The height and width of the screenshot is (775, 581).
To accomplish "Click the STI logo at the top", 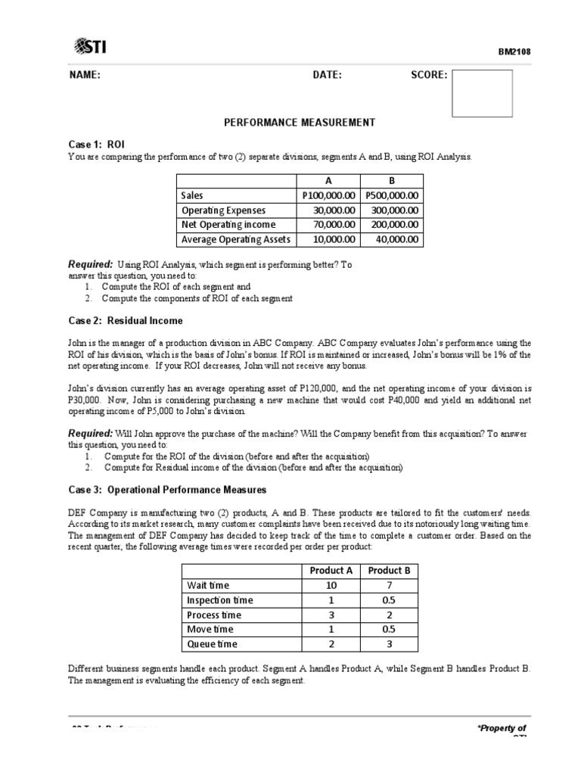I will pyautogui.click(x=90, y=47).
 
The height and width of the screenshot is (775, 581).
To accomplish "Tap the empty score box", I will pyautogui.click(x=482, y=93).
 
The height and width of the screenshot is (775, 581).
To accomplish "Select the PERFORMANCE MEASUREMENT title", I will pyautogui.click(x=300, y=123).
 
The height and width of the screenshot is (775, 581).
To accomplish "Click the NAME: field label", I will pyautogui.click(x=85, y=75).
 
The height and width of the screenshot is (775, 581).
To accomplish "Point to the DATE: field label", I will pyautogui.click(x=327, y=75).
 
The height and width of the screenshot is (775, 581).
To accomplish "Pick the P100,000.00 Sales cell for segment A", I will pyautogui.click(x=328, y=195).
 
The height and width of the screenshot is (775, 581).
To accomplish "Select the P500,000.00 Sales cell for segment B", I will pyautogui.click(x=391, y=195).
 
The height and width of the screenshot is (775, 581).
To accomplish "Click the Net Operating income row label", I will pyautogui.click(x=228, y=225).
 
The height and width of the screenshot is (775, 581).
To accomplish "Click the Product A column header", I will pyautogui.click(x=331, y=571).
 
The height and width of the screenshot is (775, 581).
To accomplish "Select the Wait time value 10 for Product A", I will pyautogui.click(x=331, y=586).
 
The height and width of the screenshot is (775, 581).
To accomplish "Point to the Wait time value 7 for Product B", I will pyautogui.click(x=389, y=586).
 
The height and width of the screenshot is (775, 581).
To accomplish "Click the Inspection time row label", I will pyautogui.click(x=220, y=600).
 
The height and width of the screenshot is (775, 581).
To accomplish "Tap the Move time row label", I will pyautogui.click(x=210, y=630).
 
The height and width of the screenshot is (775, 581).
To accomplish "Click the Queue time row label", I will pyautogui.click(x=212, y=644).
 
